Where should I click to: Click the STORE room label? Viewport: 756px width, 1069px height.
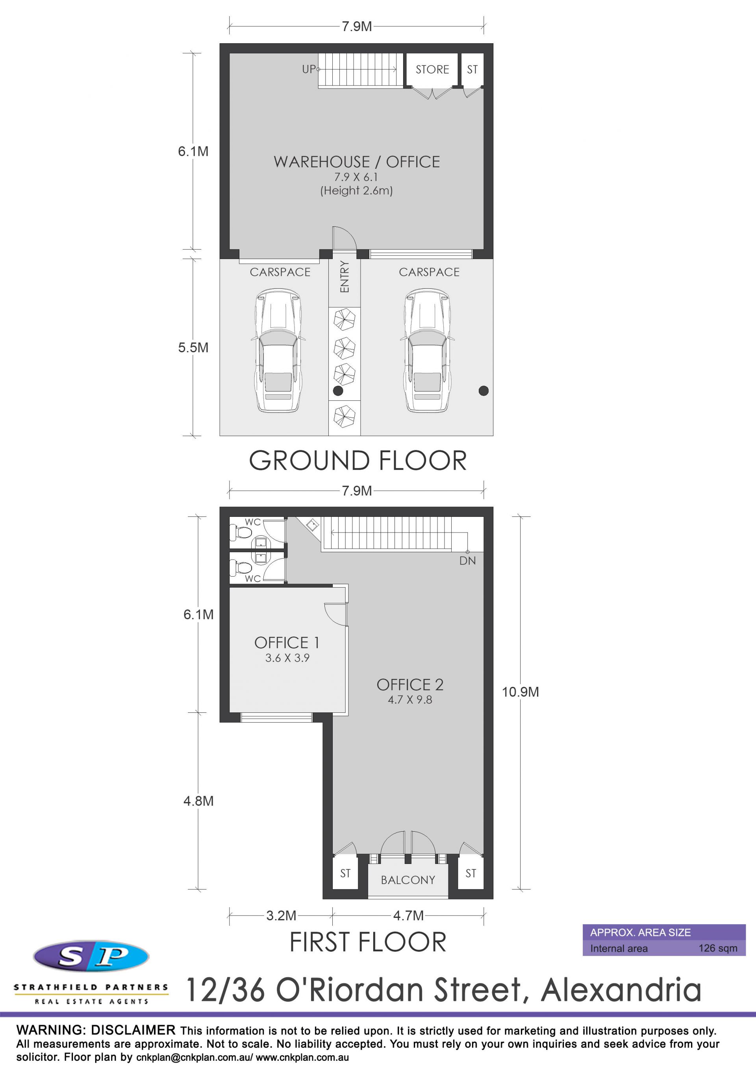[x=432, y=69]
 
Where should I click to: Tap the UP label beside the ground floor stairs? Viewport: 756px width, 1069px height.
[x=309, y=69]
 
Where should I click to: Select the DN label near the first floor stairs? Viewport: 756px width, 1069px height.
[x=468, y=560]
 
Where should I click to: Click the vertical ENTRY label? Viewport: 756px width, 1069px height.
[x=345, y=277]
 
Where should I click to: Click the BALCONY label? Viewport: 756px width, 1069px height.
[x=408, y=880]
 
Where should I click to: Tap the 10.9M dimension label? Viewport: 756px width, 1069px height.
[x=520, y=692]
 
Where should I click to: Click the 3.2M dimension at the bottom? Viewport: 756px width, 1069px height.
[x=282, y=916]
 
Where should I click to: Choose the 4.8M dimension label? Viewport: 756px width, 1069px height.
[x=198, y=801]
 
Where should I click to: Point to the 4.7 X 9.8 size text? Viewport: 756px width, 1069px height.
[x=410, y=700]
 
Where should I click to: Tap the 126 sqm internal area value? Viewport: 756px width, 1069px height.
[x=718, y=949]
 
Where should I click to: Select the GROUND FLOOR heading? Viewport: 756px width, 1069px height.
[x=358, y=461]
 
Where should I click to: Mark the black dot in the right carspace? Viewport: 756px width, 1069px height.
[x=484, y=390]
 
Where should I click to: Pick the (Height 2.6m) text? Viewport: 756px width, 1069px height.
[x=356, y=190]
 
